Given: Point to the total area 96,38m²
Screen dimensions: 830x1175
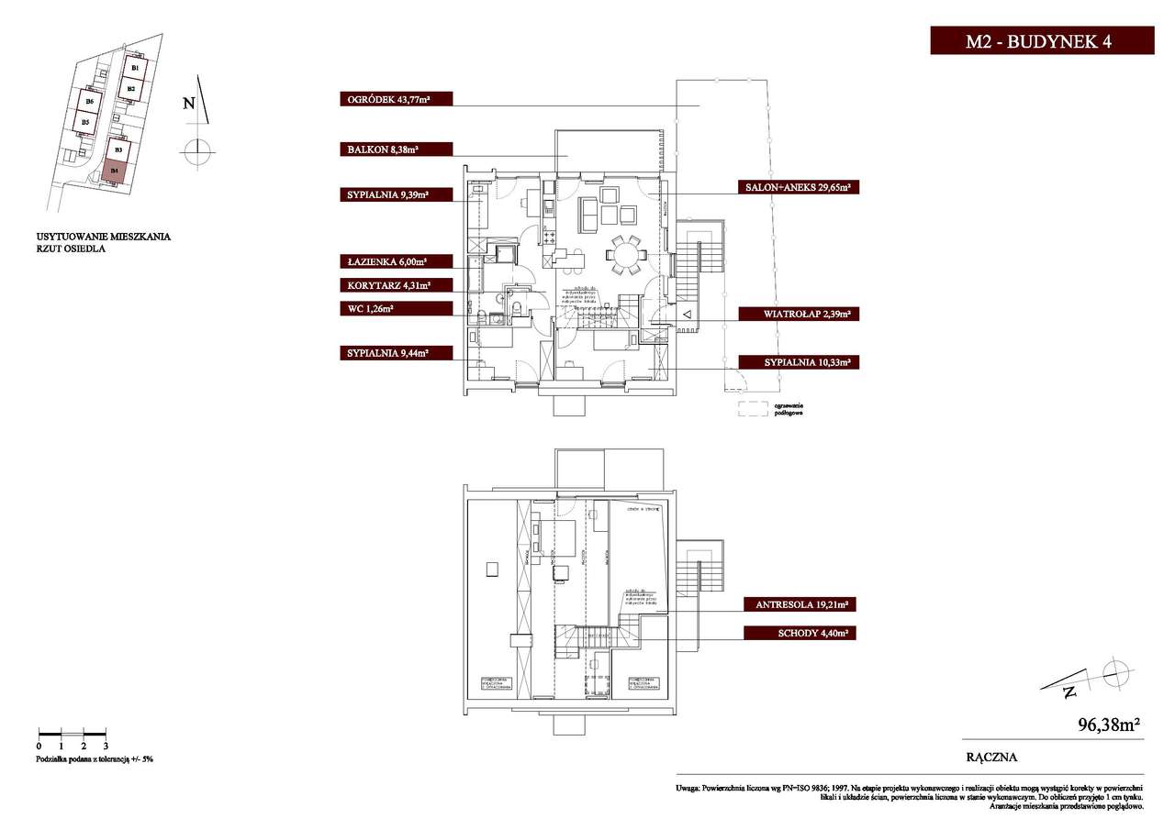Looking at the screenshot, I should pyautogui.click(x=1108, y=725).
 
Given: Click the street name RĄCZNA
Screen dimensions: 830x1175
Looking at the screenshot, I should pyautogui.click(x=991, y=758).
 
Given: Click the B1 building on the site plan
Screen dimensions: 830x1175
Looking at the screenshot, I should pyautogui.click(x=135, y=68).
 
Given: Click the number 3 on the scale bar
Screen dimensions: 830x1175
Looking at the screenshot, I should pyautogui.click(x=106, y=747).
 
